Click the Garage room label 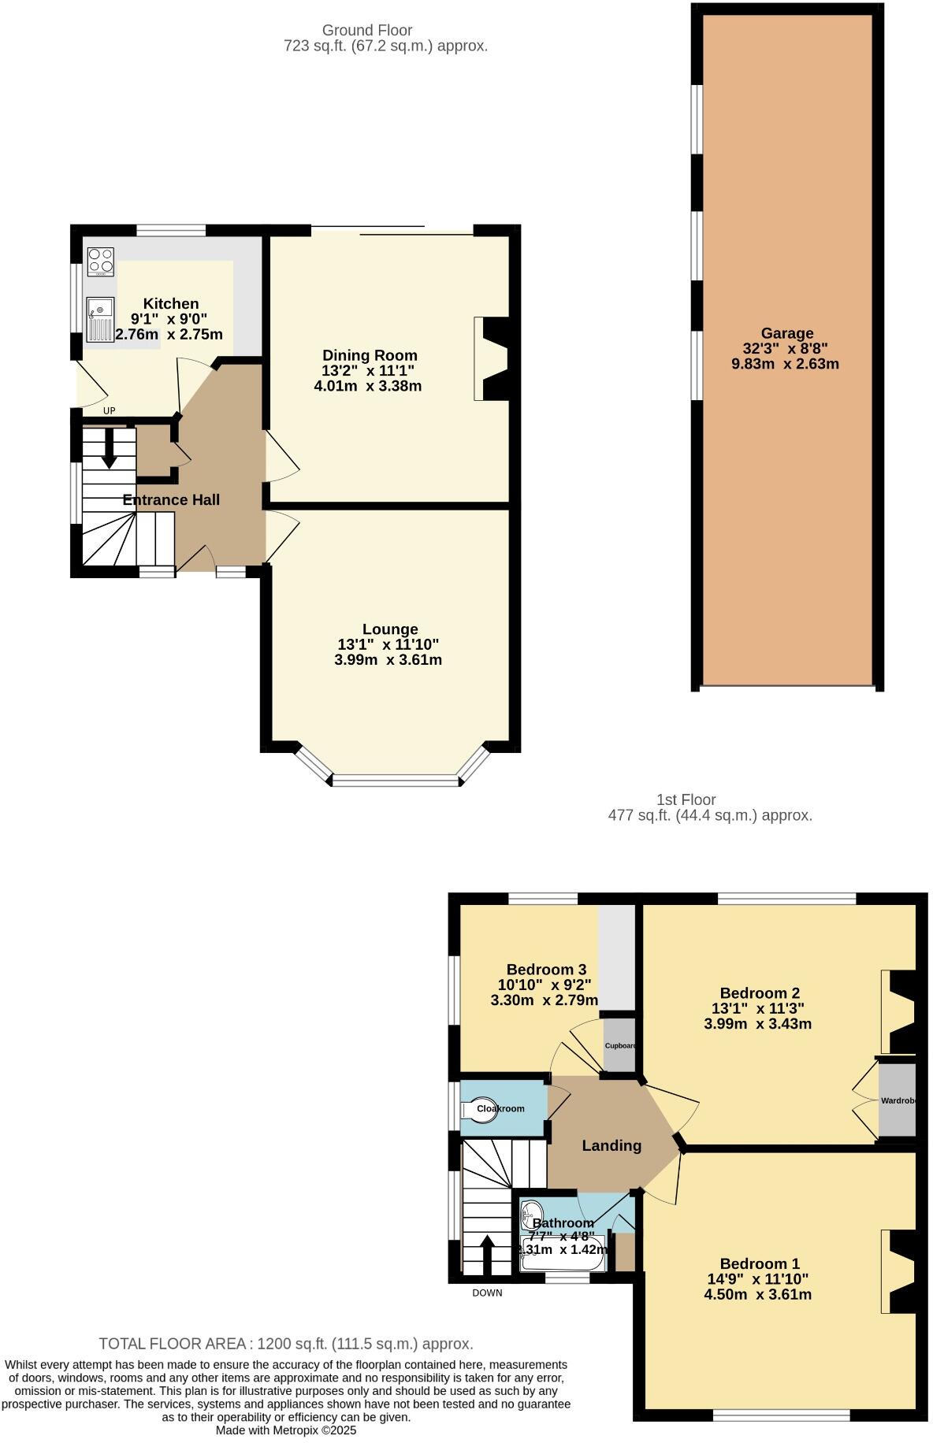786,333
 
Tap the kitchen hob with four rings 101,262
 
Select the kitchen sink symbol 100,320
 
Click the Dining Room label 370,355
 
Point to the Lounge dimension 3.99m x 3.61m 388,660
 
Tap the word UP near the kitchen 110,411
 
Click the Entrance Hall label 171,499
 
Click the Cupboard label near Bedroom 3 620,1046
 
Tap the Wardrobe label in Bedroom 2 898,1100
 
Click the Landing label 611,1146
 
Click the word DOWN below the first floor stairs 487,1293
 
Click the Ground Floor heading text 367,30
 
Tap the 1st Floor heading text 686,799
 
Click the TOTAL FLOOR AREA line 285,1344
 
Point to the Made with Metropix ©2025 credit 286,1430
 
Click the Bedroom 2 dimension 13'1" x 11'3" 757,1008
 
